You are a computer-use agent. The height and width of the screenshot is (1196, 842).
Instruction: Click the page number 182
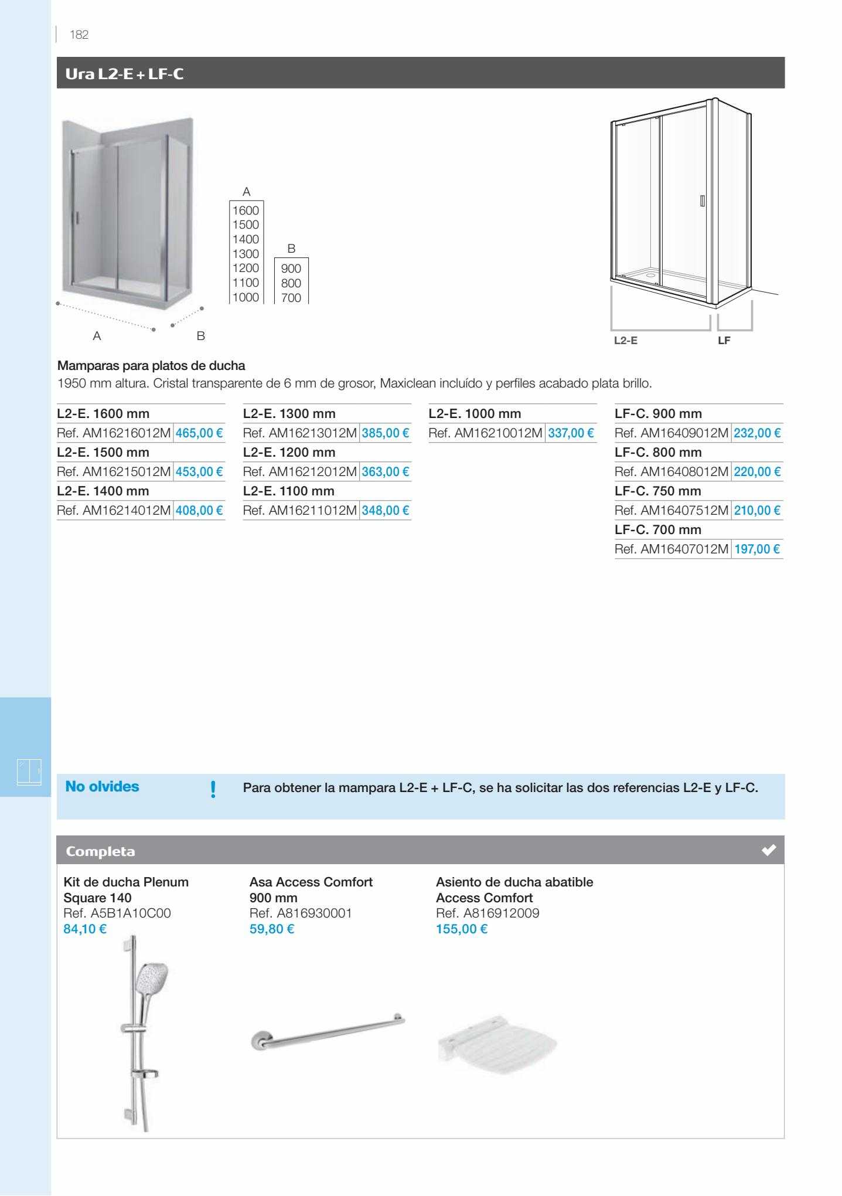[79, 35]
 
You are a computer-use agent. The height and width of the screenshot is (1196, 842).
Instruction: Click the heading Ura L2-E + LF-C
[124, 74]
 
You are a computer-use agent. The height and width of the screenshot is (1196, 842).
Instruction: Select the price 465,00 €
[199, 433]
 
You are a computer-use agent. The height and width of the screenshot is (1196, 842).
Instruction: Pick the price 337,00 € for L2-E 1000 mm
[571, 433]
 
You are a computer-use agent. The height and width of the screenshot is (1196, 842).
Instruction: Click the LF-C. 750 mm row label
[657, 491]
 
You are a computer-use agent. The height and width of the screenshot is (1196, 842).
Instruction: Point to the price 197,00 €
[757, 549]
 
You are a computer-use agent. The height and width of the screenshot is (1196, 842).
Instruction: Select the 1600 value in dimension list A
[246, 210]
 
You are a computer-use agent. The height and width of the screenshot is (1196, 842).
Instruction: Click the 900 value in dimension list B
[291, 269]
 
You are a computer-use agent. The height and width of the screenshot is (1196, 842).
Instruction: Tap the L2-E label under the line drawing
[625, 340]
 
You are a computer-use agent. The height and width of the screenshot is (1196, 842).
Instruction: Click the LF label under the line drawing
[724, 340]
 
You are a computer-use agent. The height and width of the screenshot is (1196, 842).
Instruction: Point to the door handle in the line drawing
[702, 201]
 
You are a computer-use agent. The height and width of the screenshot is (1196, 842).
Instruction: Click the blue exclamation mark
[213, 789]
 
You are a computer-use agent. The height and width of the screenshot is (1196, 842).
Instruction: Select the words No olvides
[103, 787]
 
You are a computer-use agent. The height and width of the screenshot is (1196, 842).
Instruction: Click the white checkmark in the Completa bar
[769, 850]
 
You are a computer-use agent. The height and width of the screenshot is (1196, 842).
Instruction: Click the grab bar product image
[328, 1033]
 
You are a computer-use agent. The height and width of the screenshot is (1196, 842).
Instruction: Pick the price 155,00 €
[461, 929]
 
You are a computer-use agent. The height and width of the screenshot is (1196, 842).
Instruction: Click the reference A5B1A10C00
[117, 913]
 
